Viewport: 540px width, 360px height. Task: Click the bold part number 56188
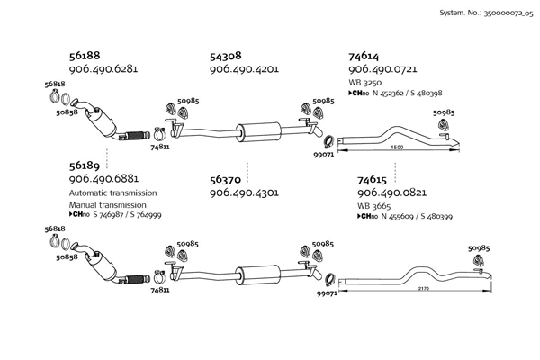[x=85, y=56]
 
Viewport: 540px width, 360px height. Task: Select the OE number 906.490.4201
[x=244, y=69]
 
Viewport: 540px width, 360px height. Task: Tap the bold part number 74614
[x=364, y=56]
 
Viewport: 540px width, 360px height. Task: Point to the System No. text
[x=486, y=13]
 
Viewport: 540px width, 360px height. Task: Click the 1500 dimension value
[x=397, y=148]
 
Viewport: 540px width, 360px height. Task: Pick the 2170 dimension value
[x=424, y=289]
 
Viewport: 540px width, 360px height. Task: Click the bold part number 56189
[x=85, y=166]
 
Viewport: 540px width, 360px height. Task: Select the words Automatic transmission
[x=113, y=193]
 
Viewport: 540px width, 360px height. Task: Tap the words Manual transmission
[x=108, y=205]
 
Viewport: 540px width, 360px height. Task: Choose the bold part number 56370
[x=225, y=180]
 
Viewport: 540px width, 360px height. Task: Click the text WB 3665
[x=373, y=206]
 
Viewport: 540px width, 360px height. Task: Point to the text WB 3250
[x=365, y=83]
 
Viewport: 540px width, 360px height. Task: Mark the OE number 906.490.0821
[x=391, y=193]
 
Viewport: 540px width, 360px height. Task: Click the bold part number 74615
[x=373, y=180]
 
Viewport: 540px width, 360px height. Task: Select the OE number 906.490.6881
[x=104, y=179]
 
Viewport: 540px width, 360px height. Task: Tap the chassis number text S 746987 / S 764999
[x=127, y=215]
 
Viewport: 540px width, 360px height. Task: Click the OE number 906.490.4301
[x=244, y=193]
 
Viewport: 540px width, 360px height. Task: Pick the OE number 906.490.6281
[x=103, y=69]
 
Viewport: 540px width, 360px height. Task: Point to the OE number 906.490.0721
[x=382, y=69]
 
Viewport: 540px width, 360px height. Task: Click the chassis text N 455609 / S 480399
[x=417, y=217]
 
